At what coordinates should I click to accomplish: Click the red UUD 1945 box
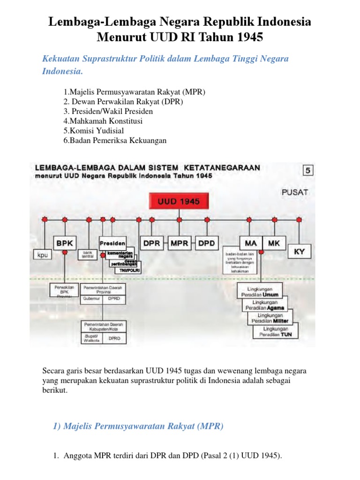[x=179, y=202]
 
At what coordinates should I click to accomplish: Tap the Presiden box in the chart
[x=112, y=243]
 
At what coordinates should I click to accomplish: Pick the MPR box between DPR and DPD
[x=179, y=243]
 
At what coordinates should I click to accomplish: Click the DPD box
[x=207, y=243]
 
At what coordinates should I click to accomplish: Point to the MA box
[x=251, y=243]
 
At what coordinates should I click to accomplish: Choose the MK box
[x=274, y=243]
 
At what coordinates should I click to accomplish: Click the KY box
[x=299, y=252]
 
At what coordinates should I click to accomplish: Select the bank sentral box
[x=88, y=255]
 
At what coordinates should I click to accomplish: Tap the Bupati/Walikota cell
[x=91, y=338]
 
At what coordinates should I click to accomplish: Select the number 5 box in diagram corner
[x=308, y=171]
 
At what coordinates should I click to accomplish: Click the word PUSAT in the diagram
[x=295, y=192]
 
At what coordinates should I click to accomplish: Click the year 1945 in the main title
[x=246, y=37]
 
